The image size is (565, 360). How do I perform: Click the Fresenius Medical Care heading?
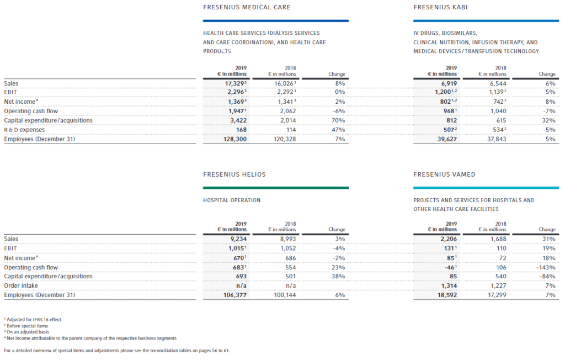click(x=247, y=7)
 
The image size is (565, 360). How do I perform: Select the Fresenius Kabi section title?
click(x=440, y=7)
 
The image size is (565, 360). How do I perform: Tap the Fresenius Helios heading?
click(x=234, y=174)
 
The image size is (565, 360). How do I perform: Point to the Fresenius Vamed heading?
click(x=444, y=174)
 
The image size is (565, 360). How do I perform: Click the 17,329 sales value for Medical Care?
click(x=234, y=84)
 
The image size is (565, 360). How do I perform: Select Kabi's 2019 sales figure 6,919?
click(x=449, y=84)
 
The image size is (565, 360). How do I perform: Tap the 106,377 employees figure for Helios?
click(x=235, y=295)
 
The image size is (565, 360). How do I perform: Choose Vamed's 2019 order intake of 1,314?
click(x=449, y=285)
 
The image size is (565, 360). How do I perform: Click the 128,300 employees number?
click(x=235, y=139)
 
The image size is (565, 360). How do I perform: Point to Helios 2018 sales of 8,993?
click(x=288, y=239)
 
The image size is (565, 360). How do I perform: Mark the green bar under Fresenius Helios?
click(x=276, y=188)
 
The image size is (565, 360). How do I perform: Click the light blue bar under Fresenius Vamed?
click(x=486, y=188)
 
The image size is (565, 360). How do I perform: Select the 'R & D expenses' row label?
click(x=24, y=130)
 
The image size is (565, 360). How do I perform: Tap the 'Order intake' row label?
click(x=21, y=285)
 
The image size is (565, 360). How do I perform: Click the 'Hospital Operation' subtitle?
click(x=232, y=200)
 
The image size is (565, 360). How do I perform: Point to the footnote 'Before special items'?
click(x=26, y=326)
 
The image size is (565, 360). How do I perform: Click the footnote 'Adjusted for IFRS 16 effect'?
click(x=33, y=320)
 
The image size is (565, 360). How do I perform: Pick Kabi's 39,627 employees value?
click(x=447, y=139)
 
